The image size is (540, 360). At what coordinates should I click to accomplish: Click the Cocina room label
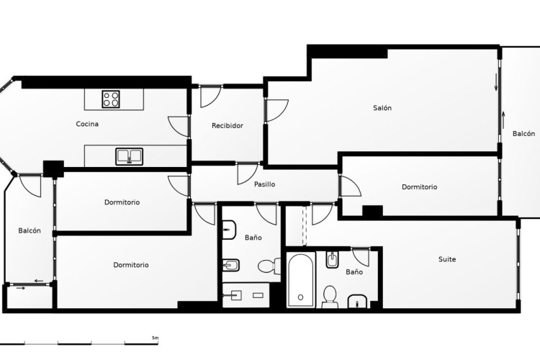pos(87,124)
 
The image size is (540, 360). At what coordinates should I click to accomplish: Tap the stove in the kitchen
pos(111,99)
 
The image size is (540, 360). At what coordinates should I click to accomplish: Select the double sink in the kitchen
pos(129,156)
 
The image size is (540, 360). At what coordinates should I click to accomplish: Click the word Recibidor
pos(228,126)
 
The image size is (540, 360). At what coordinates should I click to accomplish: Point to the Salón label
pos(382,108)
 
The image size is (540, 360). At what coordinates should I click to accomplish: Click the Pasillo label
pos(264,184)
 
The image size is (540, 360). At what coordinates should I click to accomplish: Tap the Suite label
pos(447,259)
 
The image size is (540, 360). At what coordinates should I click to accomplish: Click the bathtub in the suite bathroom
pos(301,280)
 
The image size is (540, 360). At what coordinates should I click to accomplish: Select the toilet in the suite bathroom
pos(330,297)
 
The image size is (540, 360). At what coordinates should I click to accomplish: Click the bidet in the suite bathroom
pos(332,260)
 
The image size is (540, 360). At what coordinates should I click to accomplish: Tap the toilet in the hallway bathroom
pos(269,266)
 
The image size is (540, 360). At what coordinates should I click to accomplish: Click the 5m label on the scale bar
pos(155,338)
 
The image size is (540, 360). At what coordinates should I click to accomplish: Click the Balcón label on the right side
pos(524,134)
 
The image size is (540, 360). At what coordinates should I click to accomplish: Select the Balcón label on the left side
pos(30,231)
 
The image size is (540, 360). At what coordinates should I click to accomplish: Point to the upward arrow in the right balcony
pos(503,120)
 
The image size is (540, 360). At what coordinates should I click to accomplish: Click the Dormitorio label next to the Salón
pos(420,187)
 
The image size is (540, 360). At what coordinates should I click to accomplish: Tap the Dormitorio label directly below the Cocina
pos(122,202)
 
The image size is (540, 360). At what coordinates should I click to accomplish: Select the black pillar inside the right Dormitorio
pos(372,211)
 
